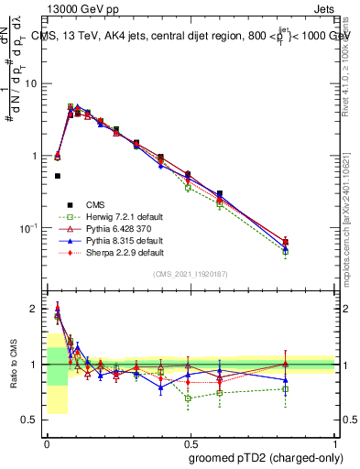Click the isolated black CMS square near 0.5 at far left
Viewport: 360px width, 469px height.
click(58, 176)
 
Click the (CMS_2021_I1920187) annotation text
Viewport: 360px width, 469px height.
click(191, 274)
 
